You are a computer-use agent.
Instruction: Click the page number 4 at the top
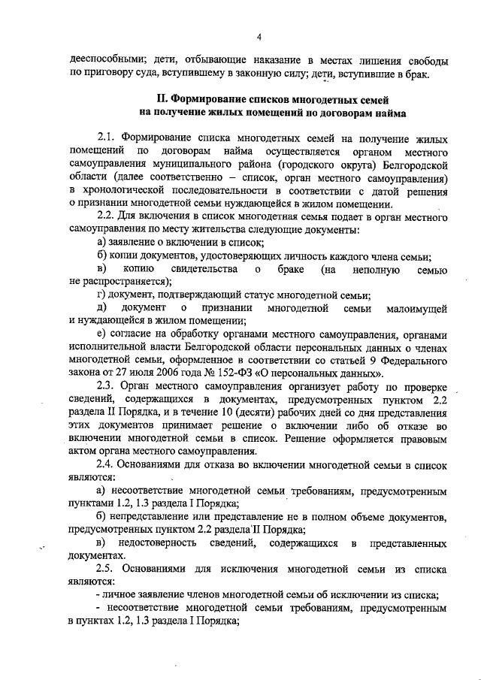pyautogui.click(x=258, y=38)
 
